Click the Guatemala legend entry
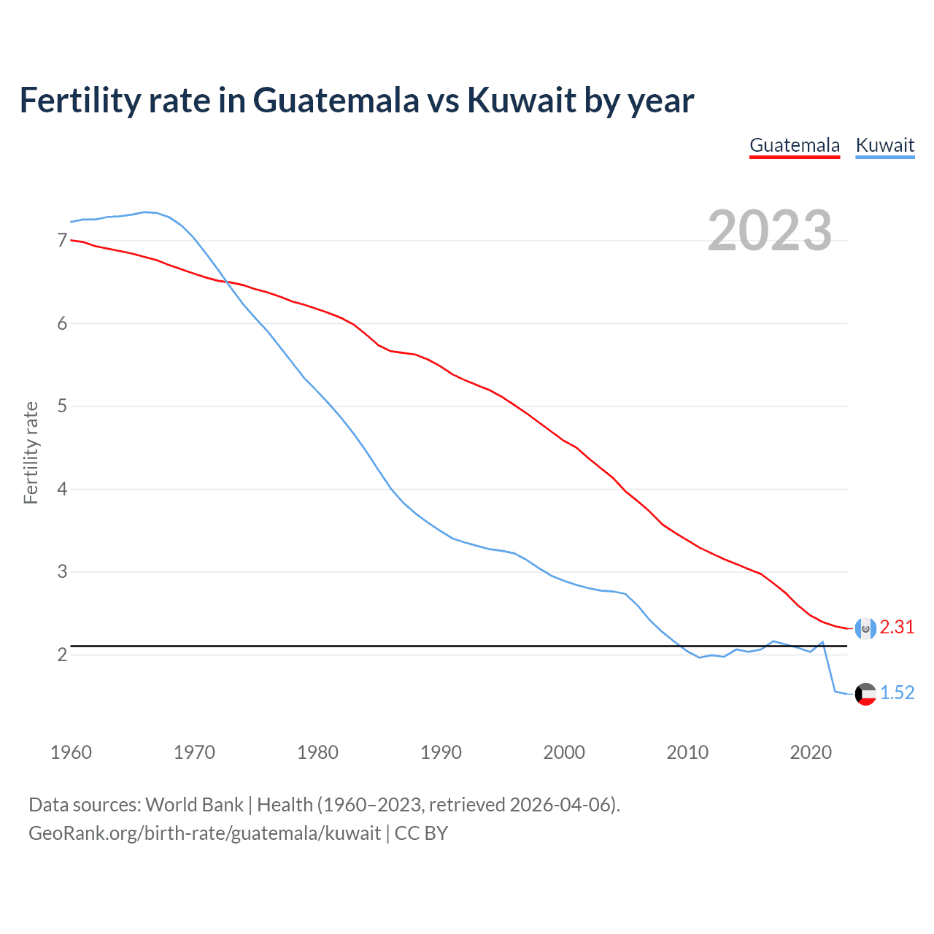[795, 145]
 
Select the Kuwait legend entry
[884, 145]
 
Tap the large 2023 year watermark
[770, 231]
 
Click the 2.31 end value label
[897, 628]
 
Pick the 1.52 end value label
[897, 693]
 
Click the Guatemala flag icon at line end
[865, 628]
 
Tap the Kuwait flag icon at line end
[865, 694]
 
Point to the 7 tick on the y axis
[62, 241]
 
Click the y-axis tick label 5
[62, 406]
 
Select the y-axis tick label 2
[62, 655]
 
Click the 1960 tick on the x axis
[71, 752]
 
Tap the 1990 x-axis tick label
[441, 752]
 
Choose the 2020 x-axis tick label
[811, 752]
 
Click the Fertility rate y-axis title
[31, 452]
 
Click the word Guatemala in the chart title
[336, 101]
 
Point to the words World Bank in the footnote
[194, 805]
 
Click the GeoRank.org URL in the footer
[204, 833]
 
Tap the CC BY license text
[421, 833]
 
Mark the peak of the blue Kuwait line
[144, 212]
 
